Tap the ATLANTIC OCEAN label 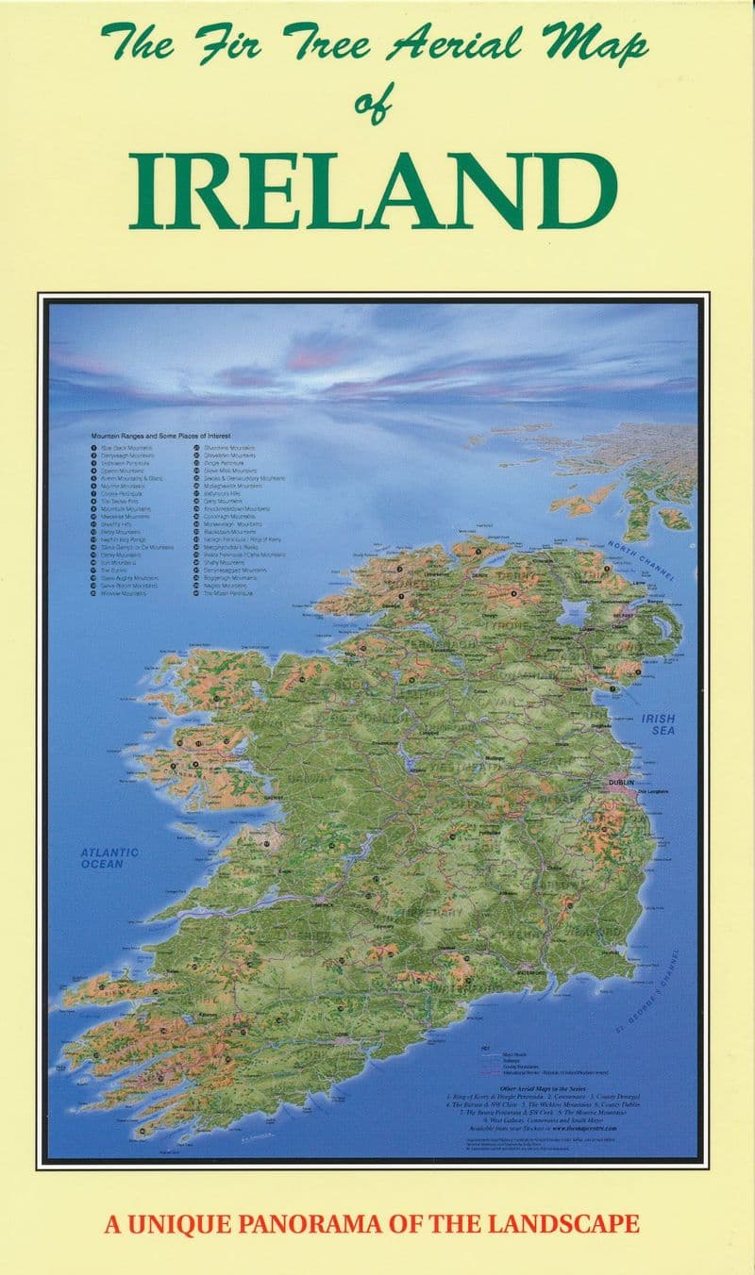[x=109, y=857]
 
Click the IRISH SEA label [x=660, y=724]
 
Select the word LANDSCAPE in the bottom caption [x=560, y=1225]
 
